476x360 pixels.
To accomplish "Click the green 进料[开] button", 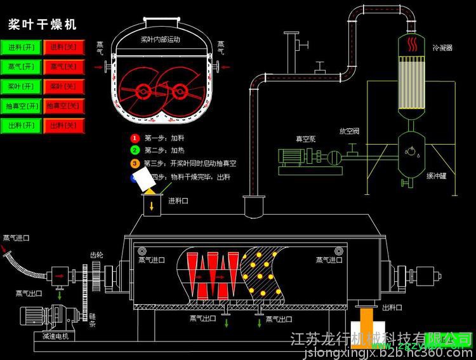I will [x=22, y=48].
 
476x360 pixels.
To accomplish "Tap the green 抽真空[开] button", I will [x=22, y=106].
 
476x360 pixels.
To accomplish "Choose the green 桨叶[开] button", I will [x=22, y=86].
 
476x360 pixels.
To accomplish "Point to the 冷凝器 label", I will [x=442, y=48].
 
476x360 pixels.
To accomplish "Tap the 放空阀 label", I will [x=349, y=131].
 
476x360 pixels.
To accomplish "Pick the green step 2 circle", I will [x=135, y=150].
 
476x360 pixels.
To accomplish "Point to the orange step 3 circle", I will [x=135, y=163].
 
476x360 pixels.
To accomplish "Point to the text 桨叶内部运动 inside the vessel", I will [x=159, y=40].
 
